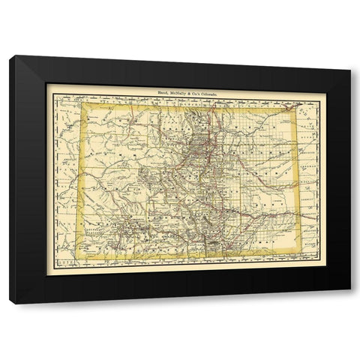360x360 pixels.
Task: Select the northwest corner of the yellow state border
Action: pyautogui.click(x=85, y=105)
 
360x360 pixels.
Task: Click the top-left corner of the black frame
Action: pyautogui.click(x=10, y=56)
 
